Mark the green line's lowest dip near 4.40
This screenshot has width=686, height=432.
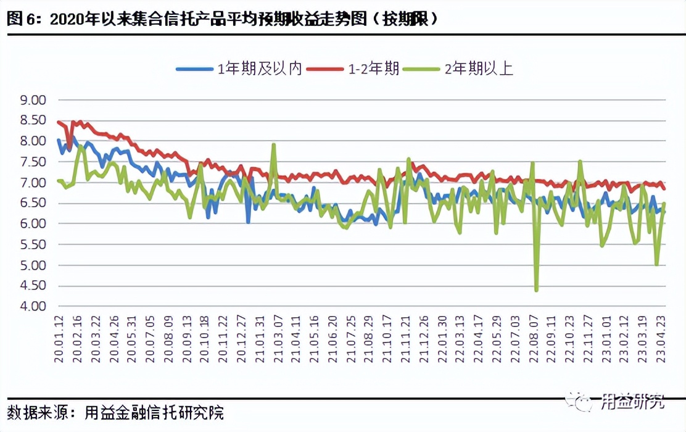pos(536,289)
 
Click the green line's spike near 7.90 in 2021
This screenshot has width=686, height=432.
pos(273,145)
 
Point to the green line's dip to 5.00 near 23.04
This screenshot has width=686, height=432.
pos(657,265)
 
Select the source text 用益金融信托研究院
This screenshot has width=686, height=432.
pos(154,412)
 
